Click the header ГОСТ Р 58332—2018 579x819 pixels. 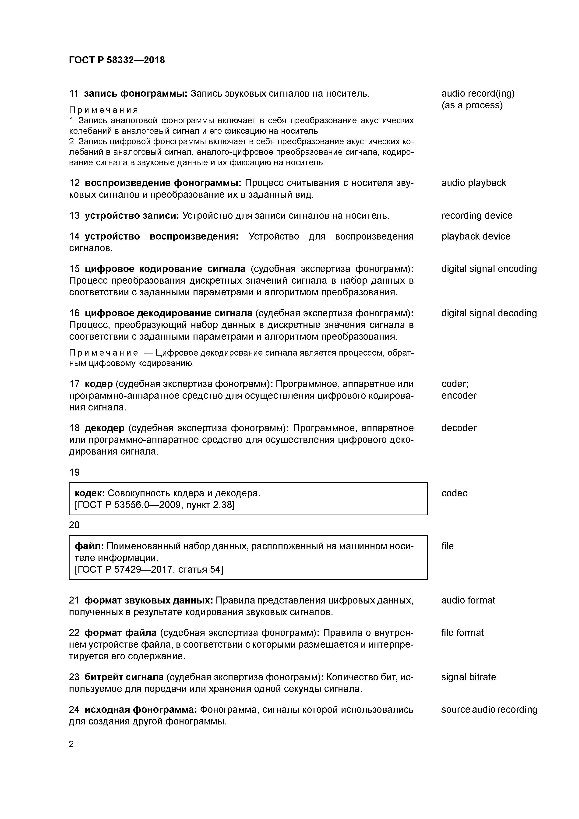point(117,60)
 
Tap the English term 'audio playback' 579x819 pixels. point(473,183)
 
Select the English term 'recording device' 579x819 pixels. point(477,215)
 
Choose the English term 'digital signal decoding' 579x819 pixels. point(489,313)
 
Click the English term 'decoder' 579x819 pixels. point(459,428)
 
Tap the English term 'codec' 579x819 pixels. point(454,493)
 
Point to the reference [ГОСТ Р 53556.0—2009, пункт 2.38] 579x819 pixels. point(155,505)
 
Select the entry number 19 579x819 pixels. point(74,472)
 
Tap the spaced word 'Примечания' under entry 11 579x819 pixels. point(103,110)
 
